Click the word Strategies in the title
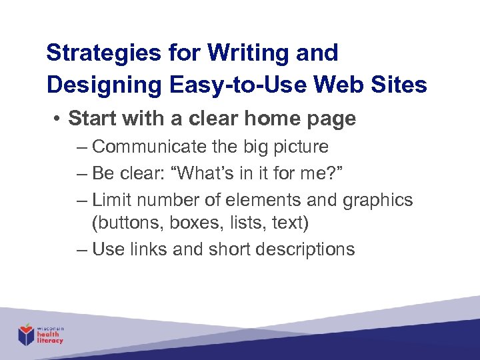pos(90,53)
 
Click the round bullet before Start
pos(59,119)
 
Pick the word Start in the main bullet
pos(91,119)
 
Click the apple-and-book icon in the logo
pos(26,333)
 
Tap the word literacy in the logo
pos(51,341)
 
